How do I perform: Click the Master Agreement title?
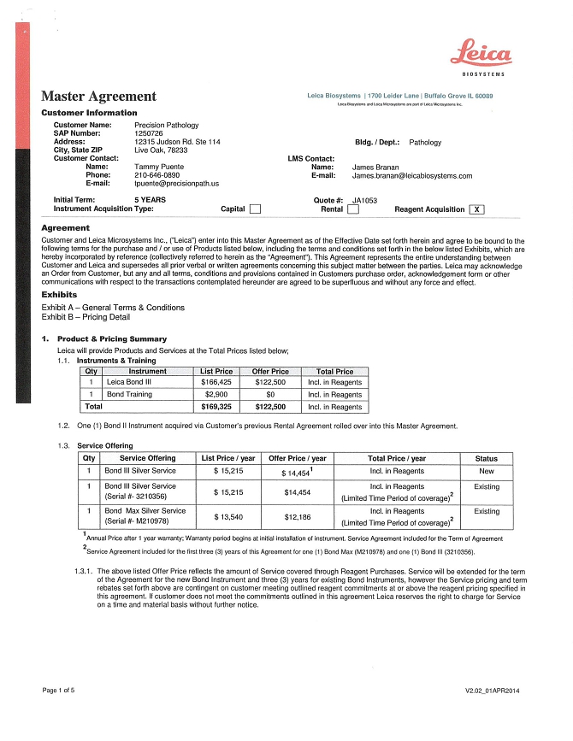98,97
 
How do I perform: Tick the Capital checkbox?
254,209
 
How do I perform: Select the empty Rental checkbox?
352,209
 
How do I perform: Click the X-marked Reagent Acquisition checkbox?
476,209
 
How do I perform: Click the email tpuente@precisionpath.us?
177,183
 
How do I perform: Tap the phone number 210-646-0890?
157,174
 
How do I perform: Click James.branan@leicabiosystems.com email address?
411,175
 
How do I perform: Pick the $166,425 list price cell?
216,382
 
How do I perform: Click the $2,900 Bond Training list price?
216,395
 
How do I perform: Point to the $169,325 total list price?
216,408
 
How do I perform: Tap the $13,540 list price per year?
228,516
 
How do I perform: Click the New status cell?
486,470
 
